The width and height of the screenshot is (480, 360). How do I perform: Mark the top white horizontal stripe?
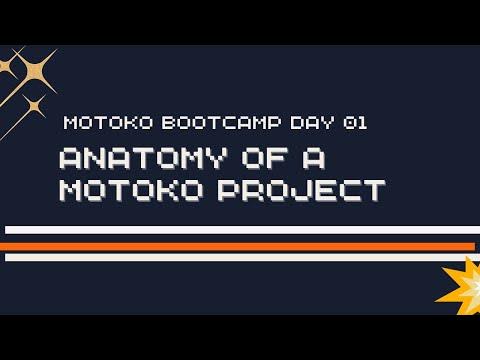[240, 230]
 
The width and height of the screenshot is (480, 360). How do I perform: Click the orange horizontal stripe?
[240, 245]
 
